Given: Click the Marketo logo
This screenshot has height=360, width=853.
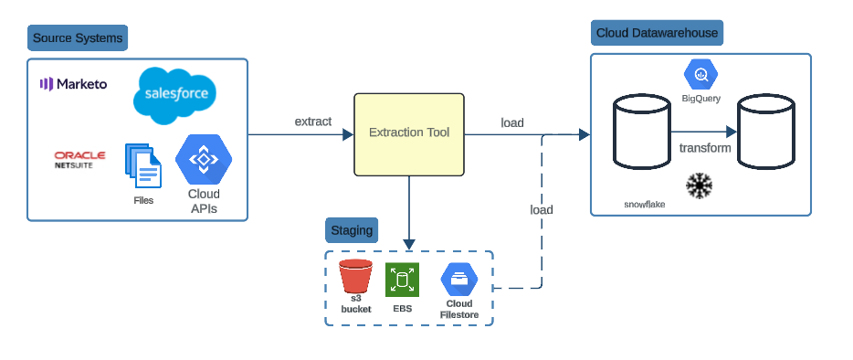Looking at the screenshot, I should click(73, 84).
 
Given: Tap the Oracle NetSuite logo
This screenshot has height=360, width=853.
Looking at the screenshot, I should click(79, 160).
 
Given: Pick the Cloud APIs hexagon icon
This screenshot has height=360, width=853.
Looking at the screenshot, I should click(202, 161).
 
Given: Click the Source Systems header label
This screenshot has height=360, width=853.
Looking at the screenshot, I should click(77, 38).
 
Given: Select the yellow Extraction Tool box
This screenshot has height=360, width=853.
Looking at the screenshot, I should click(409, 133).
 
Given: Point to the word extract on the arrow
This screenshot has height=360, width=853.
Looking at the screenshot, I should click(312, 122).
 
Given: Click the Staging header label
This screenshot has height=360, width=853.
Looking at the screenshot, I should click(352, 230).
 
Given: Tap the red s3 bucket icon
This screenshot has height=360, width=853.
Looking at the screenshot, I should click(355, 277).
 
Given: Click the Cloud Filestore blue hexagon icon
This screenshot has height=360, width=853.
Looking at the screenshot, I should click(458, 279).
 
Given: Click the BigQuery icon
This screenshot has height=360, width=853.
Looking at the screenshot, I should click(701, 74).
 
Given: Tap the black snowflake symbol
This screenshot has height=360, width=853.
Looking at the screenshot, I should click(700, 186).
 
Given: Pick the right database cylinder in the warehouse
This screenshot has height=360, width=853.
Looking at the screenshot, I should click(765, 133).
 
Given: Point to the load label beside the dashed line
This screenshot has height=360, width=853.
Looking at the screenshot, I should click(542, 209).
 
